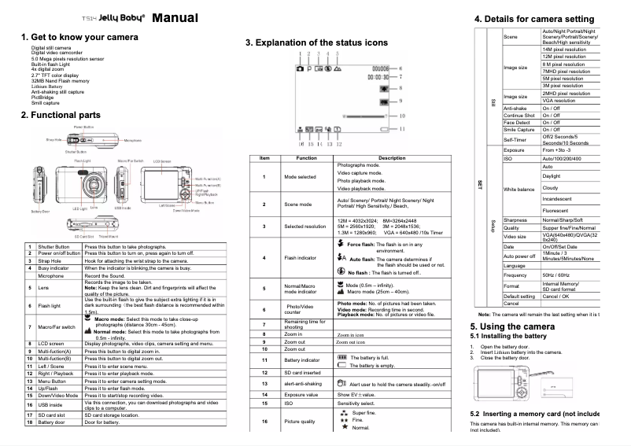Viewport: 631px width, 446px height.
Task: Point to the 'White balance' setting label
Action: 519,190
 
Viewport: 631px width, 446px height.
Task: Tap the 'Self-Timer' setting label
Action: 515,139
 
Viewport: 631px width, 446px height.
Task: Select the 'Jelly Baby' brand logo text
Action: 119,18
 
